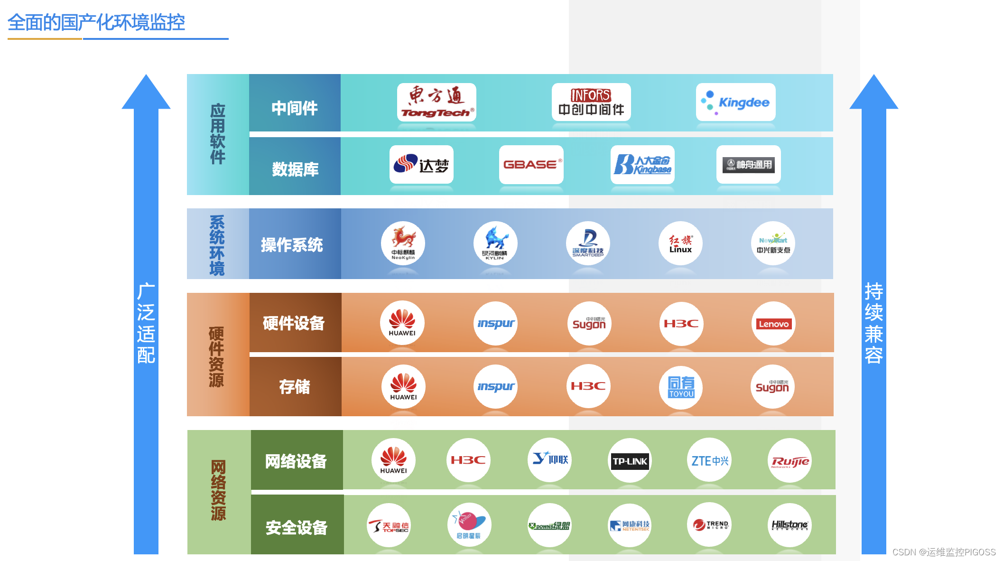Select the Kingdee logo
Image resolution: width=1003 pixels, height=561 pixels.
coord(735,103)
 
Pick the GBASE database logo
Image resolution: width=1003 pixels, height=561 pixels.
coord(531,165)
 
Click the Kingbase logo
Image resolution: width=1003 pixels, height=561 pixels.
coord(642,165)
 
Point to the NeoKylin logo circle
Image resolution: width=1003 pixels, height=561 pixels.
coord(403,243)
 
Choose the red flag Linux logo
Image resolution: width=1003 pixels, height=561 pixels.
coord(680,243)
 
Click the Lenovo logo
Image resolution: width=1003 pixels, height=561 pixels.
coord(773,324)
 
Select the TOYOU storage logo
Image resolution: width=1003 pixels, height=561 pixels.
coord(681,387)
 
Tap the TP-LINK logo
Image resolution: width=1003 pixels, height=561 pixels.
coord(630,460)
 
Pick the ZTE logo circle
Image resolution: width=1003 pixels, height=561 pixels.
coord(709,460)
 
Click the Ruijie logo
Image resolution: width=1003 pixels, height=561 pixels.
coord(789,460)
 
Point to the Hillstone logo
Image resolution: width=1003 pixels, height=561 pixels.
coord(789,525)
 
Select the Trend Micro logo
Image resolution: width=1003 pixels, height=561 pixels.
coord(709,525)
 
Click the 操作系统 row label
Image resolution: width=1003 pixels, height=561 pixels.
coord(292,244)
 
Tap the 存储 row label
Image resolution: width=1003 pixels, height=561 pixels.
coord(295,387)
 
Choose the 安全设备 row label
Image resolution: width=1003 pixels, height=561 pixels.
coord(297,527)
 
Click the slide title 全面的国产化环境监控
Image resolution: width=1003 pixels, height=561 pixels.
coord(96,22)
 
